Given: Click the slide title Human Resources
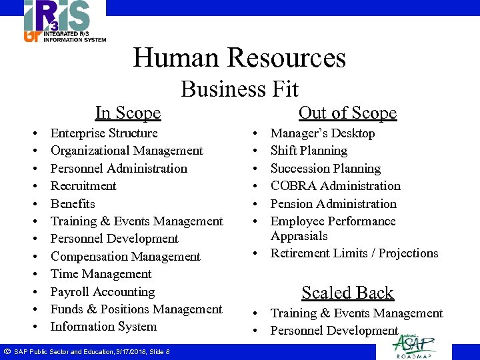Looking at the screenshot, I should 239,57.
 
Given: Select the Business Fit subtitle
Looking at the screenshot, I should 239,89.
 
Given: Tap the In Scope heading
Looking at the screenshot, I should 128,113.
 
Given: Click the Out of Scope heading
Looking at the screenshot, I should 347,113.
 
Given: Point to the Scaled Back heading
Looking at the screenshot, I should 347,293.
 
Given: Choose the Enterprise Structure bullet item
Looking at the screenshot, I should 104,133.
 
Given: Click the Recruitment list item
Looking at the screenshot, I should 83,186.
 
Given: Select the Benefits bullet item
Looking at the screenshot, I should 73,204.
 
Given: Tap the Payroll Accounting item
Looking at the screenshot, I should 103,292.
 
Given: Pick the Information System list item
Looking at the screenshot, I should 103,327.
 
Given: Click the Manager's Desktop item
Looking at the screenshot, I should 323,133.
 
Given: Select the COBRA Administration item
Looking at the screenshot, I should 335,186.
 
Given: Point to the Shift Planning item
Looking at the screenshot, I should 309,151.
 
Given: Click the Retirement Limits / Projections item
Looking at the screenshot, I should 354,253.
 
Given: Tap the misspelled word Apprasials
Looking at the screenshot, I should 299,236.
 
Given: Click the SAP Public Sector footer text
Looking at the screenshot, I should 91,351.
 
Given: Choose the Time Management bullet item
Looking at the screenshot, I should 101,274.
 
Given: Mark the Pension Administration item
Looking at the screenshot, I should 333,204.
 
